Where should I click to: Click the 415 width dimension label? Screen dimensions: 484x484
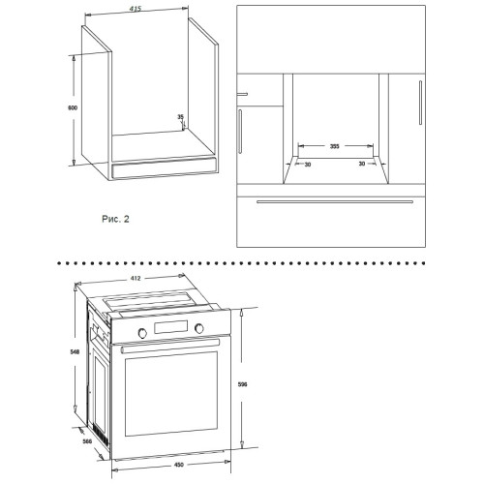[x=136, y=9]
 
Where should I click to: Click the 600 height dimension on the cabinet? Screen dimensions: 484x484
[x=73, y=107]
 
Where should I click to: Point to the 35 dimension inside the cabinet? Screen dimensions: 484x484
[x=180, y=117]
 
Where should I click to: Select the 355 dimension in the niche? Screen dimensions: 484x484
[x=335, y=146]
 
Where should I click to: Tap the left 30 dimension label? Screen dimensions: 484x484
[x=308, y=165]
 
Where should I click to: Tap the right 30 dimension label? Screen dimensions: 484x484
[x=362, y=164]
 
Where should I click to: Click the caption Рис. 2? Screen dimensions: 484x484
[x=115, y=219]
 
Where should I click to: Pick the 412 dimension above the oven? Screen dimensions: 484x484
[x=136, y=278]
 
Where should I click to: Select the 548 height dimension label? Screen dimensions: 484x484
[x=75, y=352]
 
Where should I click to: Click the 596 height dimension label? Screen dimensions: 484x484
[x=242, y=384]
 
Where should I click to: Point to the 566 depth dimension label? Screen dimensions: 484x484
[x=87, y=441]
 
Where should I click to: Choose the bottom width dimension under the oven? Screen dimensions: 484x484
[x=179, y=465]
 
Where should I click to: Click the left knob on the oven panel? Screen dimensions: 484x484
[x=142, y=333]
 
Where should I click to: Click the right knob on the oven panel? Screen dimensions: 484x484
[x=199, y=328]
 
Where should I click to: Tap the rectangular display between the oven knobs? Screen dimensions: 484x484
[x=171, y=327]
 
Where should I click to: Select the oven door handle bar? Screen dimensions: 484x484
[x=170, y=346]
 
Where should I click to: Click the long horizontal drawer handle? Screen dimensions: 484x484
[x=335, y=202]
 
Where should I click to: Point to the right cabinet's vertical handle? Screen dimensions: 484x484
[x=420, y=103]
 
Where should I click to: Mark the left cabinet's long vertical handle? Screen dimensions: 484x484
[x=240, y=132]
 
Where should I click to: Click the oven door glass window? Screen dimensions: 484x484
[x=171, y=394]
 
